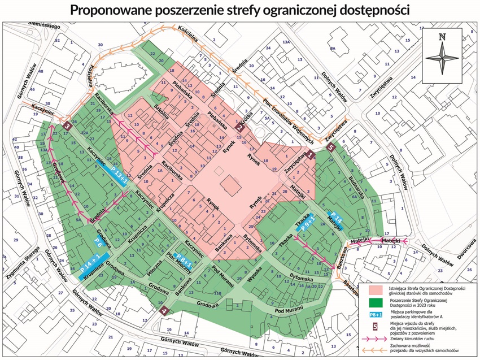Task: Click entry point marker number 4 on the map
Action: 164,310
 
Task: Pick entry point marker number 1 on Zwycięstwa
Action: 310,160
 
